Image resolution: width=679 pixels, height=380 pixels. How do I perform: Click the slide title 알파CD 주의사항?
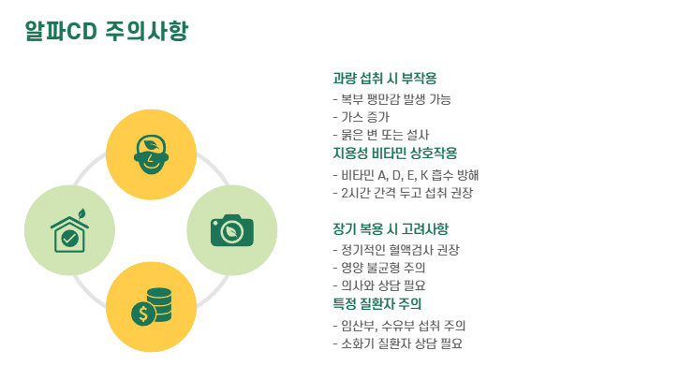[x=107, y=32]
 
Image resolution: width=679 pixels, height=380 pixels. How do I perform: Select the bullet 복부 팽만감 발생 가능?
[x=391, y=99]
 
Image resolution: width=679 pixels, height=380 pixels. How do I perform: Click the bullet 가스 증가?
[x=361, y=117]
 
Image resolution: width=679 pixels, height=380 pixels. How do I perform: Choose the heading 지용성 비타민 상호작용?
[x=394, y=153]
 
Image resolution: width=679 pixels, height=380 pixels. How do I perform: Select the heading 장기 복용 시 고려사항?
[x=391, y=228]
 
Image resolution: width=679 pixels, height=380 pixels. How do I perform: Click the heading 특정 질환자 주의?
[x=377, y=304]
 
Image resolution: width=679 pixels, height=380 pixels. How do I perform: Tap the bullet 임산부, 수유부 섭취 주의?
[x=399, y=326]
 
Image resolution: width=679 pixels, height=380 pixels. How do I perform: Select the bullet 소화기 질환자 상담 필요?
[x=397, y=343]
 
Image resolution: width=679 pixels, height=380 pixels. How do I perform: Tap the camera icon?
[x=232, y=229]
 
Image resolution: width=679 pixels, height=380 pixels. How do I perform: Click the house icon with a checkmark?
[x=69, y=230]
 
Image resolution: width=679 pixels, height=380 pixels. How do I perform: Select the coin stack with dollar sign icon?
[x=151, y=306]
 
